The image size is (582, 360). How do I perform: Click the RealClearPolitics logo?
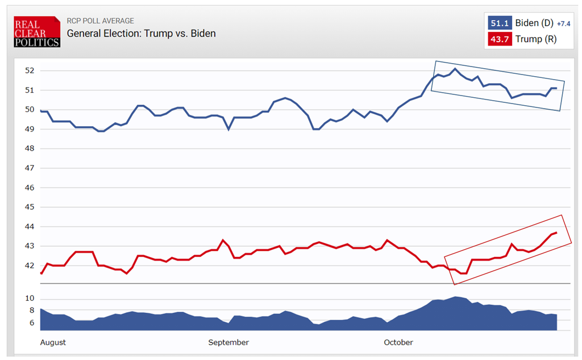[x=37, y=32]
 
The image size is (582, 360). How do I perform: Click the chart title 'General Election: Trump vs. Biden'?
[x=141, y=33]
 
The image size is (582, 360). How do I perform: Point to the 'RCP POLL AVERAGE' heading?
[x=101, y=21]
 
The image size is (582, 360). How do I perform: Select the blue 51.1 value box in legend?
[x=500, y=23]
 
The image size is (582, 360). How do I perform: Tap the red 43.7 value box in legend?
[x=500, y=39]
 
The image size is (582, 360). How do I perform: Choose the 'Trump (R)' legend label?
[x=537, y=39]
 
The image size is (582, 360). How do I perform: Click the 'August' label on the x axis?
[x=53, y=342]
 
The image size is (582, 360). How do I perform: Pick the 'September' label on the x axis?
[x=228, y=342]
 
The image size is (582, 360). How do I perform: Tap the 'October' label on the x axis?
[x=398, y=342]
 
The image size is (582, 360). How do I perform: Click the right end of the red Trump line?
[x=556, y=233]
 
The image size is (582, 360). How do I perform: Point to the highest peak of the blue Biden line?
[x=455, y=69]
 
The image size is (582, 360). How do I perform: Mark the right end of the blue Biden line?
[x=556, y=88]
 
